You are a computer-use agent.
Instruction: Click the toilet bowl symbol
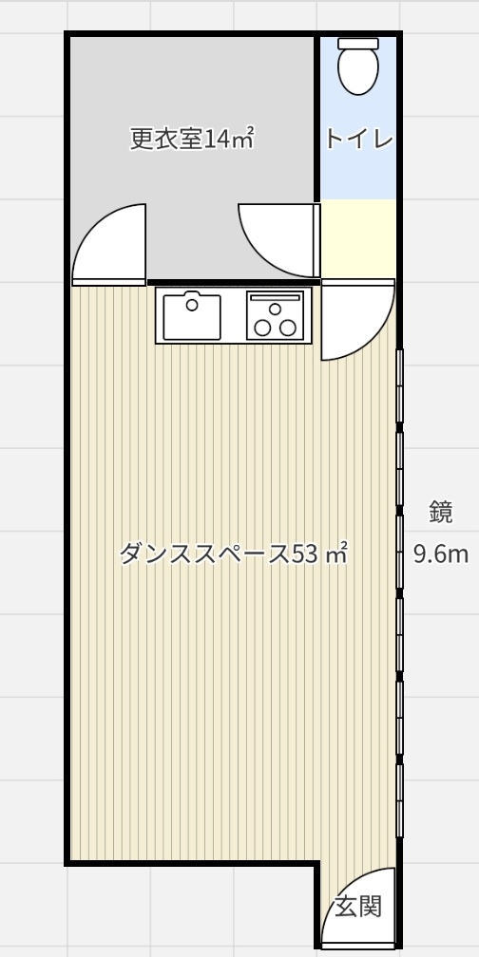tap(358, 71)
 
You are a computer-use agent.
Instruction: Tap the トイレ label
tap(358, 140)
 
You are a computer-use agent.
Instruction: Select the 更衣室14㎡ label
tap(192, 139)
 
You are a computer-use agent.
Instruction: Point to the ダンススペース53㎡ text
tap(234, 554)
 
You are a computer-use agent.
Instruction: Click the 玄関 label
tap(358, 907)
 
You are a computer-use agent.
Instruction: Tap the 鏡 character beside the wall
tap(440, 512)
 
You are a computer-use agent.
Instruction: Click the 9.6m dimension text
tap(441, 554)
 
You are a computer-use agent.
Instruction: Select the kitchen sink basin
tap(192, 317)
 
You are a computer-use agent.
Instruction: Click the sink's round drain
tap(192, 304)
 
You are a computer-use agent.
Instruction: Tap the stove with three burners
tap(275, 315)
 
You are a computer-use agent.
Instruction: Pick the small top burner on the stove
tap(275, 309)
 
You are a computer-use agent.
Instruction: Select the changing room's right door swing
tap(278, 240)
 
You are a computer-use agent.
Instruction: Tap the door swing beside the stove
tap(357, 320)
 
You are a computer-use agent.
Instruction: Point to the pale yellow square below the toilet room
tap(358, 238)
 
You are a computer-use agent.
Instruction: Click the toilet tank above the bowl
tap(358, 44)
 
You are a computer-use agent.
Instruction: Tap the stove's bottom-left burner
tap(262, 328)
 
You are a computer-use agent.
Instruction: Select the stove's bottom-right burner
tap(287, 328)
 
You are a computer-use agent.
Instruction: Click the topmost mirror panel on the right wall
tap(399, 385)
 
